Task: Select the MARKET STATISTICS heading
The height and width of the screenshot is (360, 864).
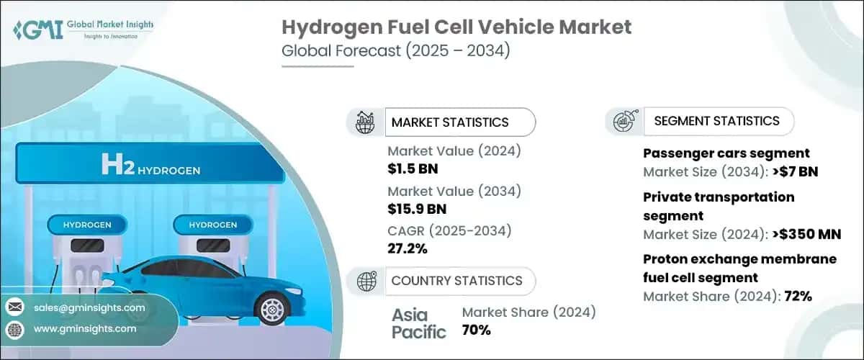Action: [450, 122]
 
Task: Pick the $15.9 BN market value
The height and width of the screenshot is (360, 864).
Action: [417, 210]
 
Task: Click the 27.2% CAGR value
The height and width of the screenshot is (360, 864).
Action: [408, 248]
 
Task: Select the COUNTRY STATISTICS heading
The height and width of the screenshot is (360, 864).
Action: [456, 281]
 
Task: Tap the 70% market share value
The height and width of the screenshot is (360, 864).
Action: [477, 330]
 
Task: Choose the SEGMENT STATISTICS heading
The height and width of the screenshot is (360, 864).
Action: [716, 121]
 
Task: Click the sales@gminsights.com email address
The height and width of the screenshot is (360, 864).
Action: [89, 307]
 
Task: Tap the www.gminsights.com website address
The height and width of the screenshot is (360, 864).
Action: [84, 328]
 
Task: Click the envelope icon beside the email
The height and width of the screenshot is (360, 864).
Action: [14, 307]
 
